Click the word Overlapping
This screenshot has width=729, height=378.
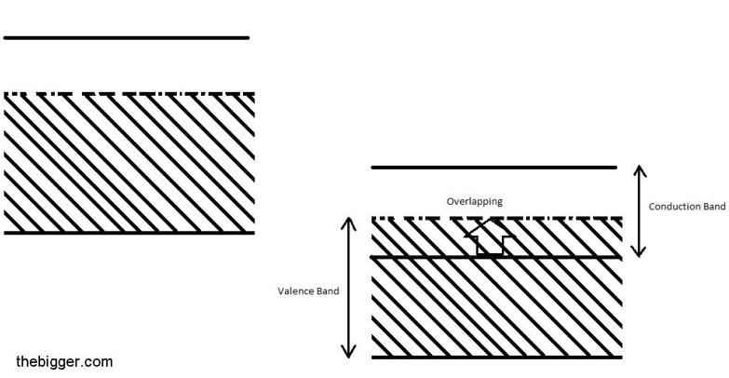tap(474, 202)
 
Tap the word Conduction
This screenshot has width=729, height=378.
tap(671, 207)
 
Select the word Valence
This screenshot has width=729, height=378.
tap(295, 291)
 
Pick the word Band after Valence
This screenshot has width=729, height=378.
tap(328, 291)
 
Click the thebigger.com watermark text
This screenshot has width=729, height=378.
tap(64, 362)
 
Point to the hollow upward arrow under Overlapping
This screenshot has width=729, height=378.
tap(490, 238)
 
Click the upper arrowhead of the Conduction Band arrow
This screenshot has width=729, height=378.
tap(640, 170)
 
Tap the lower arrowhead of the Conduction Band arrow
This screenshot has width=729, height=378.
tap(640, 251)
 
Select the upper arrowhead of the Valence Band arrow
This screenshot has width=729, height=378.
tap(348, 223)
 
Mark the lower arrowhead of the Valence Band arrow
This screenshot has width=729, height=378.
tap(348, 352)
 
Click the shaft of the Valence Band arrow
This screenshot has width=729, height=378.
tap(348, 288)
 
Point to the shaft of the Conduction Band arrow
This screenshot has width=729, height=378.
tap(640, 211)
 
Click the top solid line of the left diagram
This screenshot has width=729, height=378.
tap(127, 37)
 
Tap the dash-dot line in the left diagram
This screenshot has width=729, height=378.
tap(129, 94)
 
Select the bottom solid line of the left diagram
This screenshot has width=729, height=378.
tap(129, 233)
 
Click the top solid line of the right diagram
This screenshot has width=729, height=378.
tap(493, 167)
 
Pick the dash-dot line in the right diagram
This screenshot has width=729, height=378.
tap(496, 218)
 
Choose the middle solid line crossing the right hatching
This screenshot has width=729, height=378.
tap(496, 257)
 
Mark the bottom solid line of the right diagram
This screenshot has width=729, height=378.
tap(496, 358)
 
